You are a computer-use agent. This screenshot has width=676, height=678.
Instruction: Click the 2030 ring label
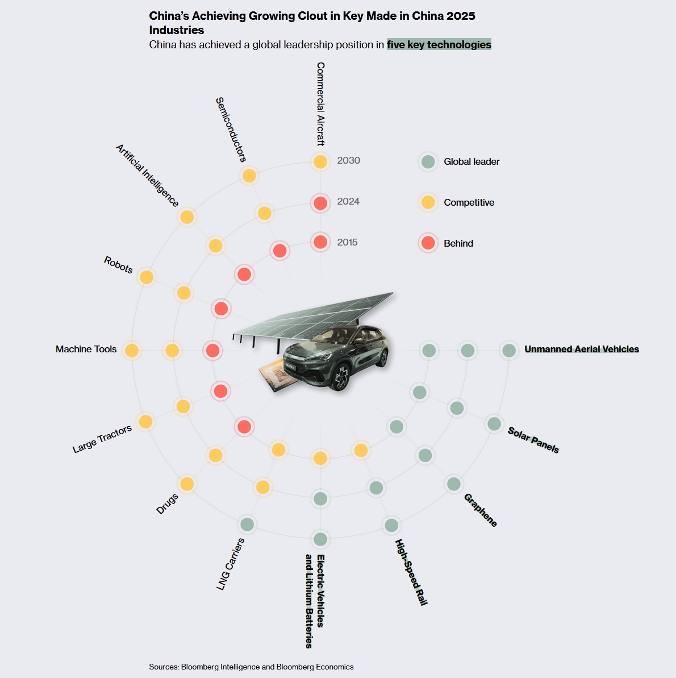tap(348, 160)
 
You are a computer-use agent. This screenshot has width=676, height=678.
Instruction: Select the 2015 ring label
tap(347, 242)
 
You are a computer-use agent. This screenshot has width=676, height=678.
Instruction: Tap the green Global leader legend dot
tap(428, 162)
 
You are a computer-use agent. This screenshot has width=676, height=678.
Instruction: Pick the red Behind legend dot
tap(428, 243)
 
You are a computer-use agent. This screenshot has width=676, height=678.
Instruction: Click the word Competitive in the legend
tap(469, 202)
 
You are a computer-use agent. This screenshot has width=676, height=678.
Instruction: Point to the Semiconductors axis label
tap(231, 130)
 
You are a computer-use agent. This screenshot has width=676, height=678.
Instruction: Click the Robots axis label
tap(118, 265)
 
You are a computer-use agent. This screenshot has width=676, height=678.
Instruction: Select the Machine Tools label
tap(86, 349)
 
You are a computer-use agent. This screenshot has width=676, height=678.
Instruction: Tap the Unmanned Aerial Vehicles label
tap(581, 349)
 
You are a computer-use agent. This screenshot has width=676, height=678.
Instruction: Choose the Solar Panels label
tap(533, 440)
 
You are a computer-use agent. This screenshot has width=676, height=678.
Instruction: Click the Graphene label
tap(480, 510)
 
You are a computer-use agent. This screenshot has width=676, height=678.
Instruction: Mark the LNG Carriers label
tap(231, 564)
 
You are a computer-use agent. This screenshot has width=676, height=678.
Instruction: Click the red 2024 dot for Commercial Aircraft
tap(320, 203)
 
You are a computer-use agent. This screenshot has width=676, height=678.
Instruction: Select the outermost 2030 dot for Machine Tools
tap(131, 350)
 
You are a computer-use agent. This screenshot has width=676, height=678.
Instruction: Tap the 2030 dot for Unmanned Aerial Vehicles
tap(509, 350)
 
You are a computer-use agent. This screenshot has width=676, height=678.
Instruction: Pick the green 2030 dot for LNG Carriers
tap(247, 525)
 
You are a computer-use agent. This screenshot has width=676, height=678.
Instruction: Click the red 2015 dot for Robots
tap(221, 309)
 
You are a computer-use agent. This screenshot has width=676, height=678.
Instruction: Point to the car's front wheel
tap(341, 377)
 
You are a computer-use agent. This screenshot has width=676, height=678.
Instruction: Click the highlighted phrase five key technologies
tap(439, 44)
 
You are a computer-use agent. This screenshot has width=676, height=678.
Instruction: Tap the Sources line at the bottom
tap(251, 667)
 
